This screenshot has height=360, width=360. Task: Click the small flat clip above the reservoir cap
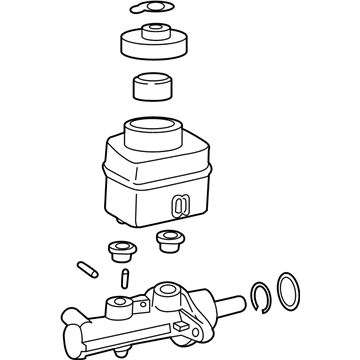[153, 11]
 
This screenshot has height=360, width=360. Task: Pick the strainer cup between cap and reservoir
[153, 86]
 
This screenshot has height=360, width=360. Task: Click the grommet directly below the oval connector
[170, 240]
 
